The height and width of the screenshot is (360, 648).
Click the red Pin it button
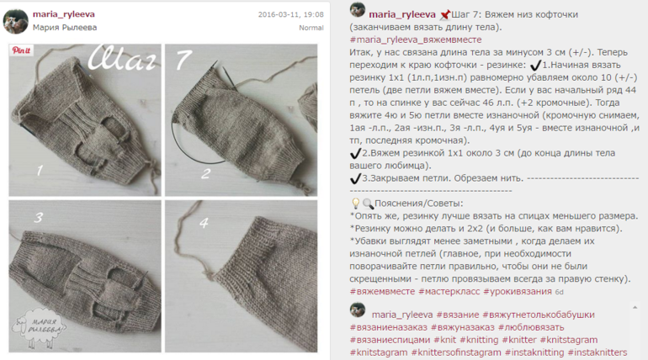click(21, 50)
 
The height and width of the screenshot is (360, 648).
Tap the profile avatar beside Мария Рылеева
click(16, 22)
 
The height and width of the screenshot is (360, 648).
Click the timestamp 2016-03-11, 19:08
click(291, 15)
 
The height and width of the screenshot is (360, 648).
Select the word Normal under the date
click(311, 28)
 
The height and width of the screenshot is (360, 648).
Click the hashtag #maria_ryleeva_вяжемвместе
click(416, 40)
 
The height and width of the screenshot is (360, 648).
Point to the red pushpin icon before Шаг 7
click(444, 15)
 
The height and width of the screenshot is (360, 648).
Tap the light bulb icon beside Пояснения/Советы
click(355, 203)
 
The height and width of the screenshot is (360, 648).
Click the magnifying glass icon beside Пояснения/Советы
click(368, 204)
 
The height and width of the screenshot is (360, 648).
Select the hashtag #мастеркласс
click(449, 292)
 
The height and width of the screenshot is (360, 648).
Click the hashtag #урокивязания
click(518, 292)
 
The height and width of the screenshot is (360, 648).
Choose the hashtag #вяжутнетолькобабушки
click(539, 315)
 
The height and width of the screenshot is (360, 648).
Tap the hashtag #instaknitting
click(534, 352)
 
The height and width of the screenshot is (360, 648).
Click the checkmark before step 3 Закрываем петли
click(355, 178)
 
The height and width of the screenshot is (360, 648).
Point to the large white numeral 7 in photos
click(184, 60)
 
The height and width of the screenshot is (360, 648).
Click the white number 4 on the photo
click(204, 223)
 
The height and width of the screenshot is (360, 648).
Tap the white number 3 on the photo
click(39, 218)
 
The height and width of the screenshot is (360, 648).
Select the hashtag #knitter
click(519, 340)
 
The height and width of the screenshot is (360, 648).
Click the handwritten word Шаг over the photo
click(123, 58)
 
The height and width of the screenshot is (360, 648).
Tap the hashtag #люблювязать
click(531, 327)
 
